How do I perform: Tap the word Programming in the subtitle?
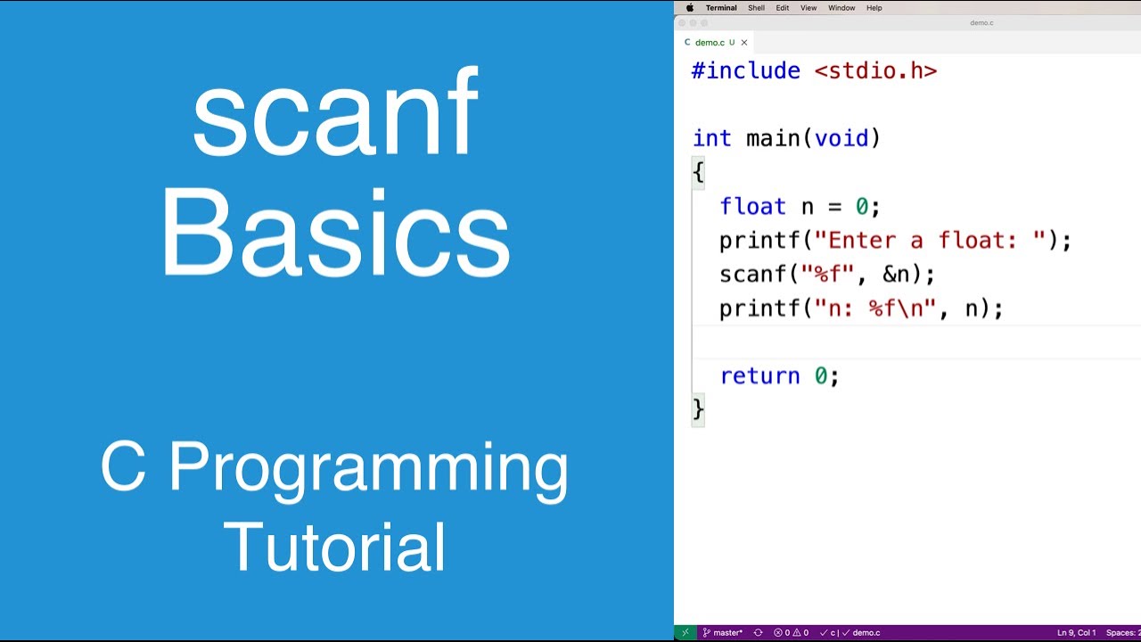[x=368, y=467]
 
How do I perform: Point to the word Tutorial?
[x=335, y=547]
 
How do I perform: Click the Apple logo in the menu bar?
[x=689, y=8]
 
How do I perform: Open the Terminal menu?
[x=720, y=8]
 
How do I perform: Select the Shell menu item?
[x=756, y=8]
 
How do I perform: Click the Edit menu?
[x=782, y=8]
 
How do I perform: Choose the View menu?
[x=808, y=8]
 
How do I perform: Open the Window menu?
[x=841, y=8]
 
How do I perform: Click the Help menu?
[x=874, y=8]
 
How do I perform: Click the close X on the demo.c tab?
[x=744, y=43]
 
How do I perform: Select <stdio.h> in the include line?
[x=875, y=71]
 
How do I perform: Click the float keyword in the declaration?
[x=752, y=207]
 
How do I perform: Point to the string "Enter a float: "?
[x=936, y=241]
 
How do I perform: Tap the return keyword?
[x=759, y=376]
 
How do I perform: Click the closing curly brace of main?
[x=698, y=409]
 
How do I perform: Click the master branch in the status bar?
[x=723, y=633]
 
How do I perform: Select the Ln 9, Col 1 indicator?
[x=1076, y=633]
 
